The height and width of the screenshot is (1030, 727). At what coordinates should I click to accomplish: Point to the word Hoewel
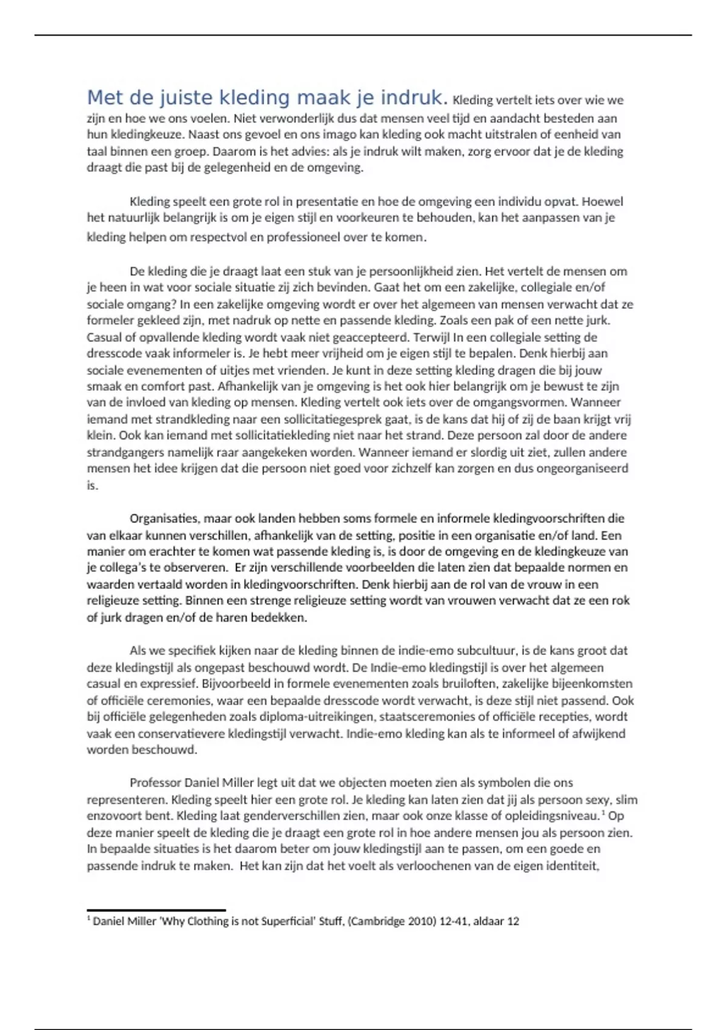click(x=602, y=201)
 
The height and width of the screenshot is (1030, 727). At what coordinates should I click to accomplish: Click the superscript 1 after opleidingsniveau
click(x=605, y=813)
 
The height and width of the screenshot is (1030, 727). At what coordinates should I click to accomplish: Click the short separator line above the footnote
click(x=156, y=910)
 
